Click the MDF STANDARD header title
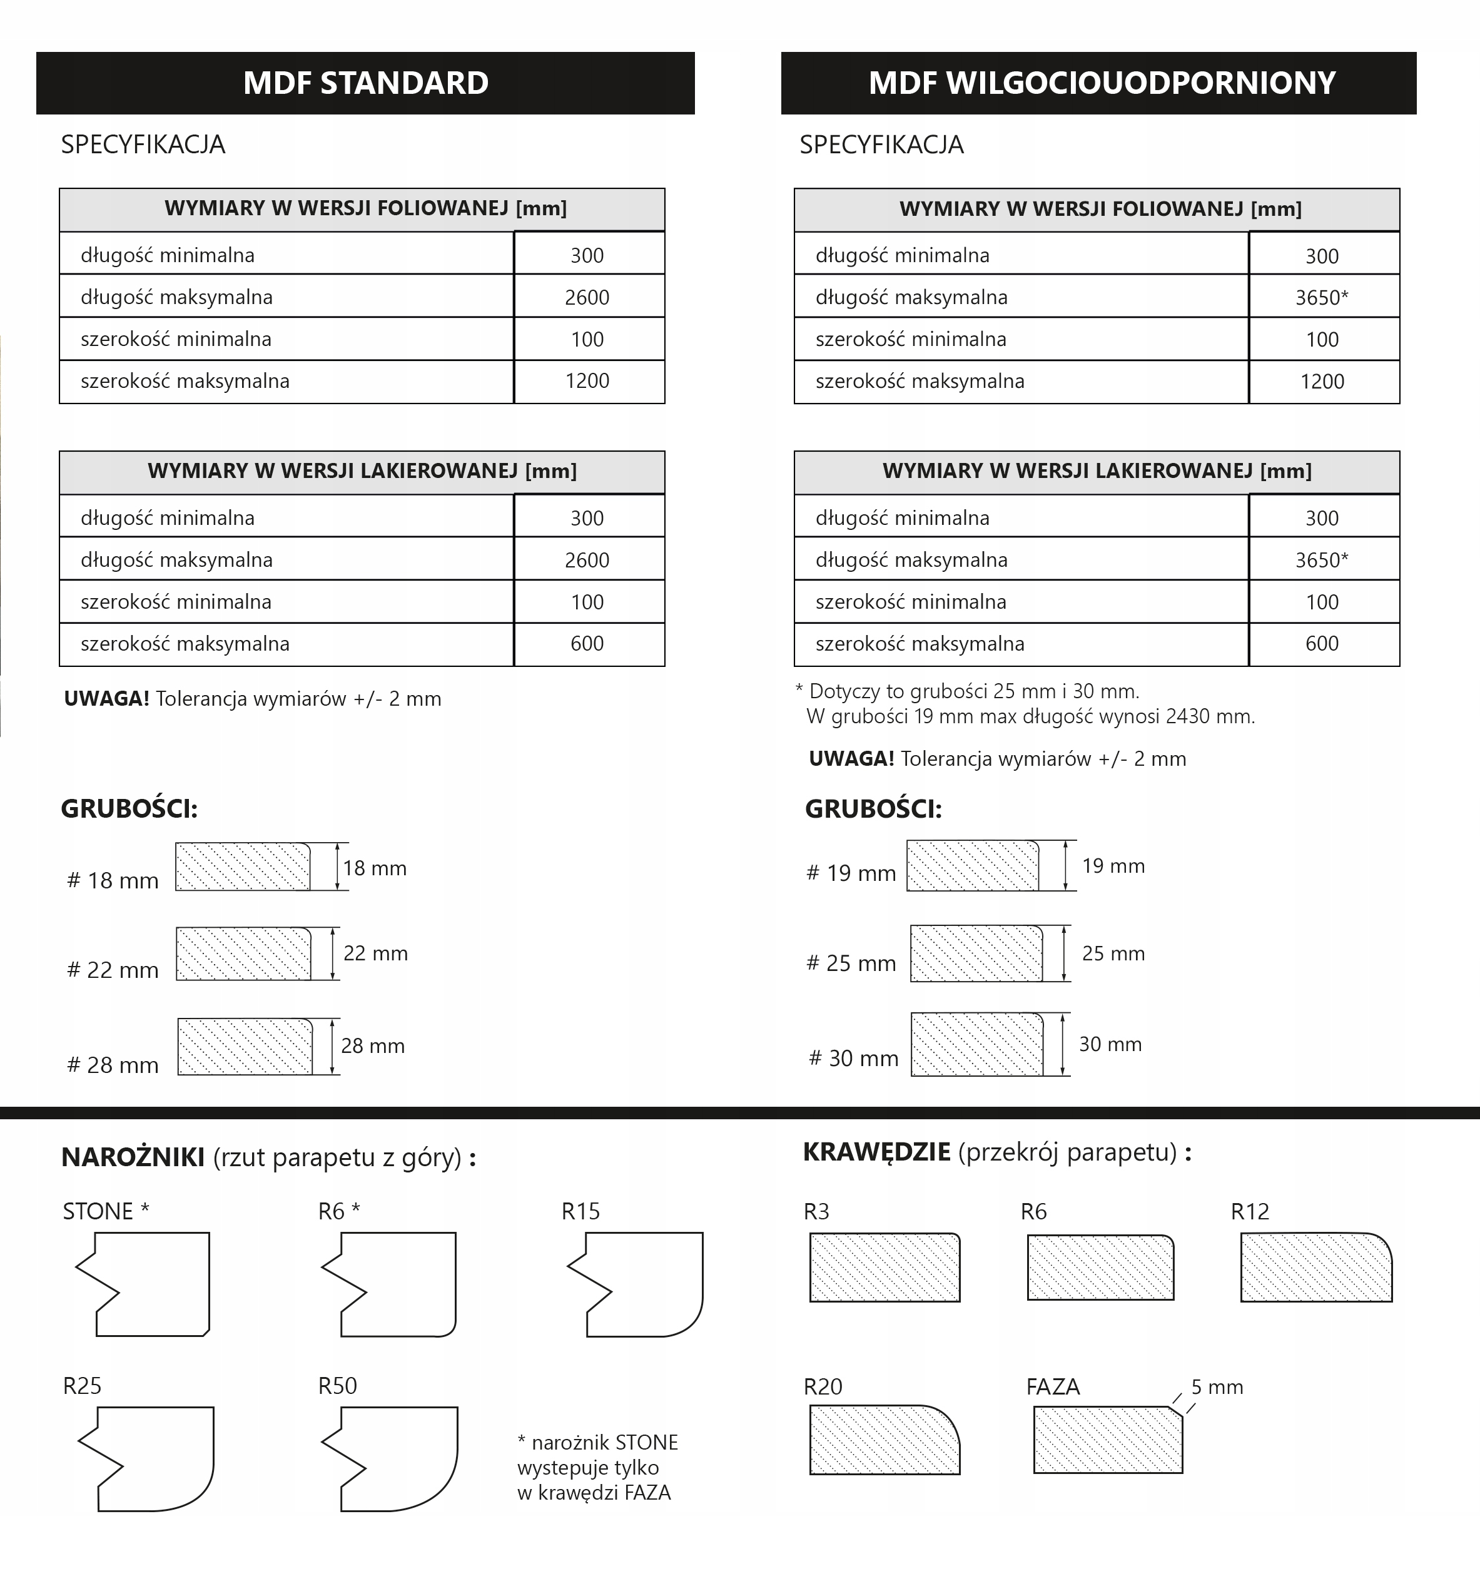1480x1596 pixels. click(365, 83)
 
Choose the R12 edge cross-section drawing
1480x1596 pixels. click(1316, 1267)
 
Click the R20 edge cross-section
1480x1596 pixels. click(884, 1440)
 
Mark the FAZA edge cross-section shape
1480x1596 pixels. click(1108, 1440)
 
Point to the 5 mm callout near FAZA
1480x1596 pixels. click(1217, 1387)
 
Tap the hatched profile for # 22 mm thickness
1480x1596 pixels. click(243, 953)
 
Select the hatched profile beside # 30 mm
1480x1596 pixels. click(977, 1044)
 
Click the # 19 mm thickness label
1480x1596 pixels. click(851, 873)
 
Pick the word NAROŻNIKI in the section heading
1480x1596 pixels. click(133, 1157)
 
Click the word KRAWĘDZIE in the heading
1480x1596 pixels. click(876, 1152)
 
